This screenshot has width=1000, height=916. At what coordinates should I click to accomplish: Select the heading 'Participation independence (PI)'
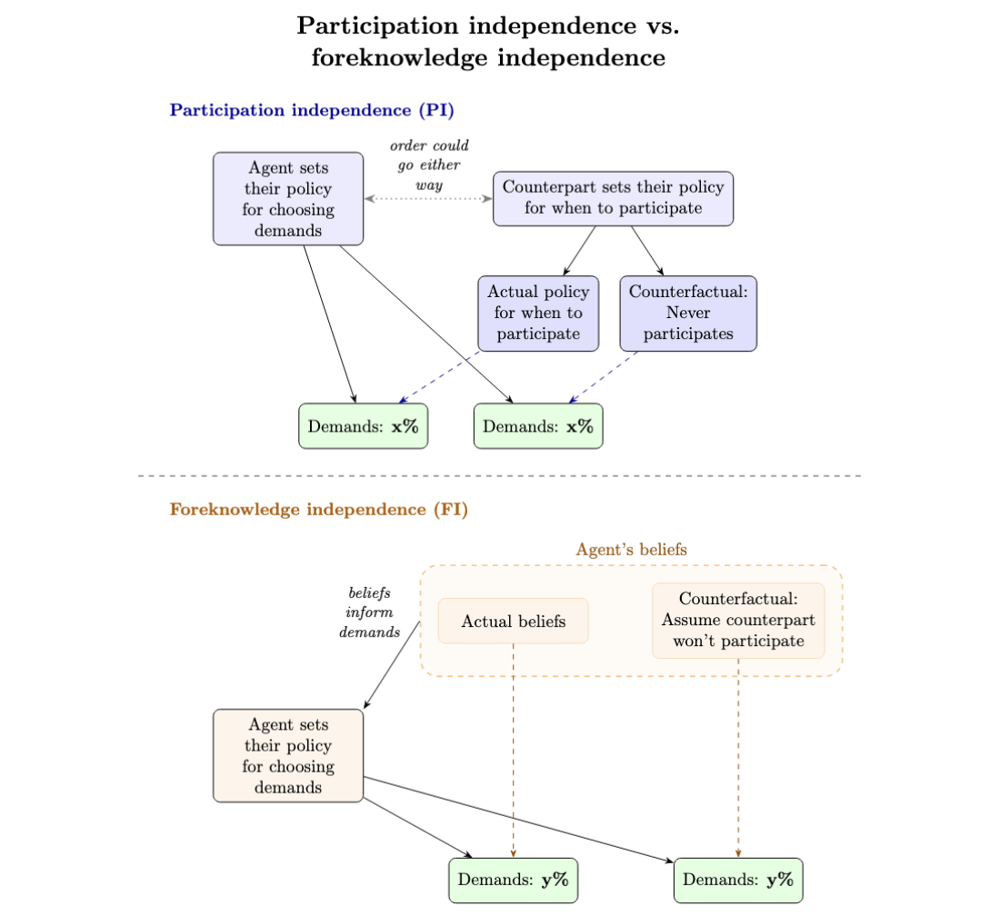(312, 111)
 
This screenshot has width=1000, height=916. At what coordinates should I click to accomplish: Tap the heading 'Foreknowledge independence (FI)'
(318, 510)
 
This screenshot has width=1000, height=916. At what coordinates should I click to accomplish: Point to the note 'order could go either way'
(429, 164)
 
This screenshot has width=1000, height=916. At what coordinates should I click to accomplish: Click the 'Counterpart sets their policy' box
(613, 198)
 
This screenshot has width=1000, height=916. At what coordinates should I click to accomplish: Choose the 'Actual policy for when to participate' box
(538, 313)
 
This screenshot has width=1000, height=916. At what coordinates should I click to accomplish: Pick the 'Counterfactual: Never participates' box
(688, 313)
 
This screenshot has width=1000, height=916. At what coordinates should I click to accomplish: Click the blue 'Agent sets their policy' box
(288, 199)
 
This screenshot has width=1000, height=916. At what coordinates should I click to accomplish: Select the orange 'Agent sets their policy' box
(288, 756)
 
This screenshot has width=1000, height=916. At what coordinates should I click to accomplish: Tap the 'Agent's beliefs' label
(631, 550)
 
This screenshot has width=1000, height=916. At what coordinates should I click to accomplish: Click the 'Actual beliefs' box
(514, 622)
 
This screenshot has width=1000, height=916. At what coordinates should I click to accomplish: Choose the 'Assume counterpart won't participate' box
(738, 621)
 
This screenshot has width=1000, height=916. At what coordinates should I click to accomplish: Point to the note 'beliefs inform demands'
(369, 612)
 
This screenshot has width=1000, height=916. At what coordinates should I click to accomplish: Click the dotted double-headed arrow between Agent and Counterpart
(428, 198)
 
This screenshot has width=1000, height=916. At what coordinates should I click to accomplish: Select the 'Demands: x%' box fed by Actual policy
(363, 426)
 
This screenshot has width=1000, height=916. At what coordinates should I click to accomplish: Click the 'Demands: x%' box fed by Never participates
(538, 426)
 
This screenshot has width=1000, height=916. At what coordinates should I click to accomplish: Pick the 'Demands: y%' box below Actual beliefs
(514, 880)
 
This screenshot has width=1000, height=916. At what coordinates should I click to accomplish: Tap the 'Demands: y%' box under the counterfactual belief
(738, 880)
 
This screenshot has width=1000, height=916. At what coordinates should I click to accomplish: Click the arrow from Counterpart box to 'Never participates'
(646, 250)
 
